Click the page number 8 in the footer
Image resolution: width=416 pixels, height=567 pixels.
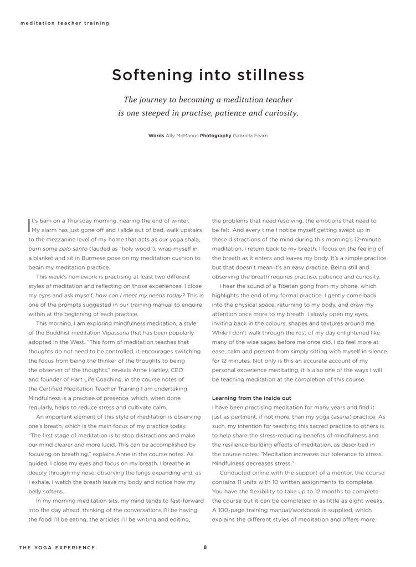(205, 547)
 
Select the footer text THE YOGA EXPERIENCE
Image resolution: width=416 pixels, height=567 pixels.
(57, 548)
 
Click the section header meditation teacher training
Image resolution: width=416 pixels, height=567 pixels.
(64, 23)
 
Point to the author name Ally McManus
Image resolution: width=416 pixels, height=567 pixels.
(182, 136)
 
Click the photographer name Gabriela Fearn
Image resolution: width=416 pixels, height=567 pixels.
(250, 136)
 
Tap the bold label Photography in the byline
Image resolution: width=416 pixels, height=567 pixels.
(215, 136)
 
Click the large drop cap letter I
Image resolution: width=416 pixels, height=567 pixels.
(30, 224)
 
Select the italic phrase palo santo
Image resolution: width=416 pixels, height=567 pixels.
(73, 249)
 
